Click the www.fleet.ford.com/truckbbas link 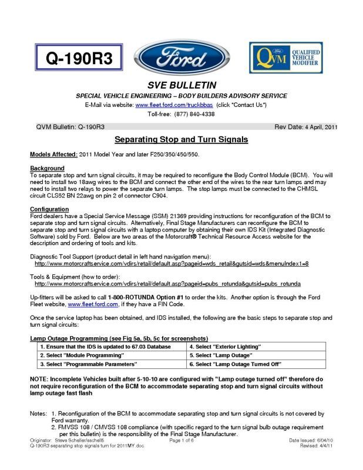coord(174,104)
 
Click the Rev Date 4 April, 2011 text coord(305,127)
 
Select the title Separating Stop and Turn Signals coord(181,140)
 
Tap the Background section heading coord(47,168)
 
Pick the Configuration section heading coord(51,209)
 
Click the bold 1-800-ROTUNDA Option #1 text coord(145,297)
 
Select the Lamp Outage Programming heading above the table coord(119,338)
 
